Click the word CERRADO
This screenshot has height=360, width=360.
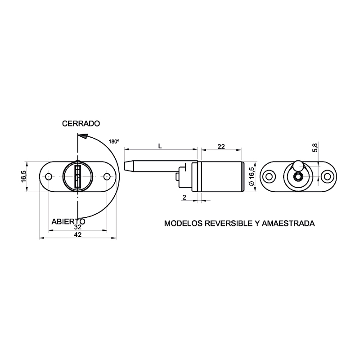(81, 123)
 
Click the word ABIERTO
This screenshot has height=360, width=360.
(68, 221)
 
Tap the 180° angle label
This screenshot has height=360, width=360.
(114, 141)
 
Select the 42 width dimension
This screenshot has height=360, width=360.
(78, 234)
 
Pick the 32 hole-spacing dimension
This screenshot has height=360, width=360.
(78, 227)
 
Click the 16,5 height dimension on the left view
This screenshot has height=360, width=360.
(24, 176)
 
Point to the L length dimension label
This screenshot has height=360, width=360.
(160, 146)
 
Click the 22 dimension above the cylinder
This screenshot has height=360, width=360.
(221, 147)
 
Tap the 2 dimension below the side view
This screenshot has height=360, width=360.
(184, 197)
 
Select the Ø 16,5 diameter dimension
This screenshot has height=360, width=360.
(252, 176)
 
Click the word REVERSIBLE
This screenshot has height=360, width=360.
(228, 223)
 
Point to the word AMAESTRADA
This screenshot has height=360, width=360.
(288, 223)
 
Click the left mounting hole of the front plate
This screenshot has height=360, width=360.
(49, 176)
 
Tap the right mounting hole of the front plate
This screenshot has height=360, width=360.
(107, 176)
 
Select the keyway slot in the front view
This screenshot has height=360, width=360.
(78, 176)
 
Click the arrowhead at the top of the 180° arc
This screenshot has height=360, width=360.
(83, 136)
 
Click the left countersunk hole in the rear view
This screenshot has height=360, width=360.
(269, 176)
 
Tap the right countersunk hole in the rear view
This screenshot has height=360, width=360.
(328, 176)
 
